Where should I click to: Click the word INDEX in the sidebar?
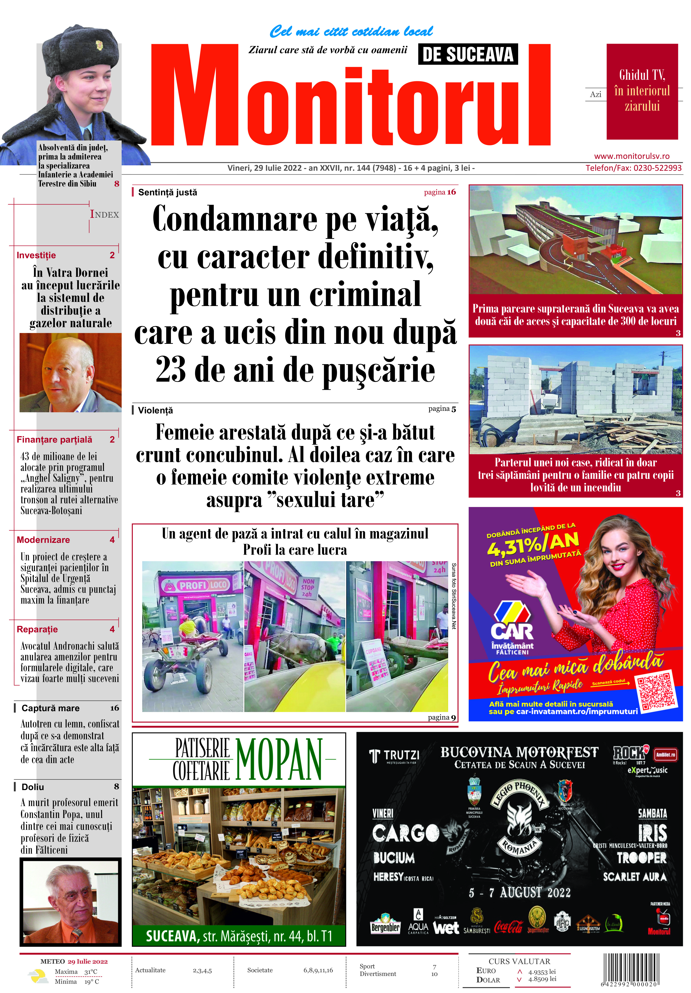(x=104, y=215)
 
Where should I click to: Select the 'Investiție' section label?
(x=36, y=255)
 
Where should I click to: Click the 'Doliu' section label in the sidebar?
(x=33, y=787)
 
